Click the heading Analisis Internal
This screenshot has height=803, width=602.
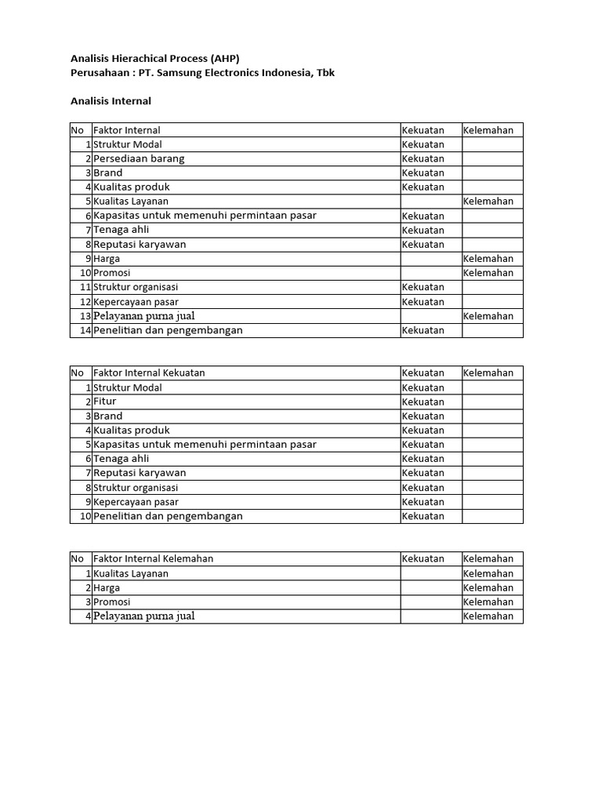tap(111, 101)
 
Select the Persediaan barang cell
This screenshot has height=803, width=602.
tap(139, 158)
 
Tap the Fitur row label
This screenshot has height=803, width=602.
tap(105, 401)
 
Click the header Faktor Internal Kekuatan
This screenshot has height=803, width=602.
tap(149, 373)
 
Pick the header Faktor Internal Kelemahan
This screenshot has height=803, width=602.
tap(153, 559)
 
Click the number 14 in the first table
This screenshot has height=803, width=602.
tap(85, 330)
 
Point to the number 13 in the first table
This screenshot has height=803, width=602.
tap(85, 316)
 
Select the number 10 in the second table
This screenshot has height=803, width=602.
tap(85, 516)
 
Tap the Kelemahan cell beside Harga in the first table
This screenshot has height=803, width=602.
tap(488, 259)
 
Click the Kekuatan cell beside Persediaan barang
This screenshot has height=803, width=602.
tap(422, 158)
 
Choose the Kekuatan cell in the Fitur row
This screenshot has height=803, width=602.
tap(422, 401)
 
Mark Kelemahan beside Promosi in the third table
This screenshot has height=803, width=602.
tap(488, 602)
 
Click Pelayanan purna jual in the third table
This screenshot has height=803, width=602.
tap(143, 616)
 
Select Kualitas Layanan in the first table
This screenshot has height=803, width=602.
tap(131, 202)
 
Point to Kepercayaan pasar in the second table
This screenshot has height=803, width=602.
tap(136, 502)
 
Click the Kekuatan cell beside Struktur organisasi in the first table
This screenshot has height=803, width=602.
tap(422, 288)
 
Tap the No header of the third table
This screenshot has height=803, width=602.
tap(77, 559)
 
